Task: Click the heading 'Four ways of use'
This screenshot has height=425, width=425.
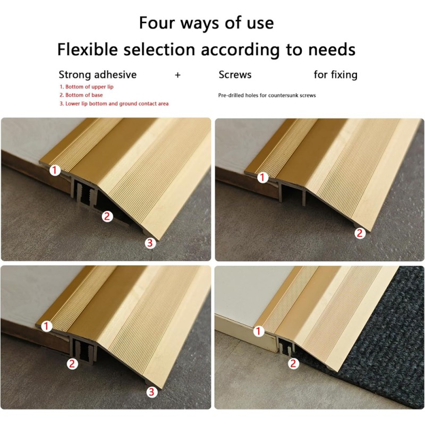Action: point(206,23)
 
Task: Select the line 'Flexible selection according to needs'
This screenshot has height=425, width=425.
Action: point(206,50)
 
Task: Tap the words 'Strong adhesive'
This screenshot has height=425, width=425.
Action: point(98,75)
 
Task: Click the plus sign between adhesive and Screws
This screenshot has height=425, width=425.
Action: point(177,75)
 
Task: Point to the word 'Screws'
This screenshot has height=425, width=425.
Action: point(235,75)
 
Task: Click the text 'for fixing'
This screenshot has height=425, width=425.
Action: point(336,75)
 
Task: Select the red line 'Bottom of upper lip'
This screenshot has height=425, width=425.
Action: point(87,87)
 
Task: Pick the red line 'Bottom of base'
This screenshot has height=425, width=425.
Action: point(81,95)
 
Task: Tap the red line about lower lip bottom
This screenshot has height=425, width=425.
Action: point(114,104)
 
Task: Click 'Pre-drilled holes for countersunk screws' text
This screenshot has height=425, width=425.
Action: point(267,96)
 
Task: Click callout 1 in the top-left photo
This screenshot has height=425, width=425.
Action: point(55,170)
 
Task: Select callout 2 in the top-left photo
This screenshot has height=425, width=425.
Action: point(107,216)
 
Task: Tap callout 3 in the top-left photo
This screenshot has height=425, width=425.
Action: point(150,243)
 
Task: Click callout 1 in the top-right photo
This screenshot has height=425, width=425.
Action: point(262,177)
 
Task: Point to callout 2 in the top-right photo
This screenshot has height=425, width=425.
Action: point(360,233)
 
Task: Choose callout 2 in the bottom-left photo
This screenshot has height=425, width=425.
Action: point(72,364)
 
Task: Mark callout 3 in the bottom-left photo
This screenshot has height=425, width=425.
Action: point(151,392)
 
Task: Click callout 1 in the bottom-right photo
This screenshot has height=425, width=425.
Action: point(259,331)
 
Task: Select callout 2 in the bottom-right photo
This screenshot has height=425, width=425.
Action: point(293,363)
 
